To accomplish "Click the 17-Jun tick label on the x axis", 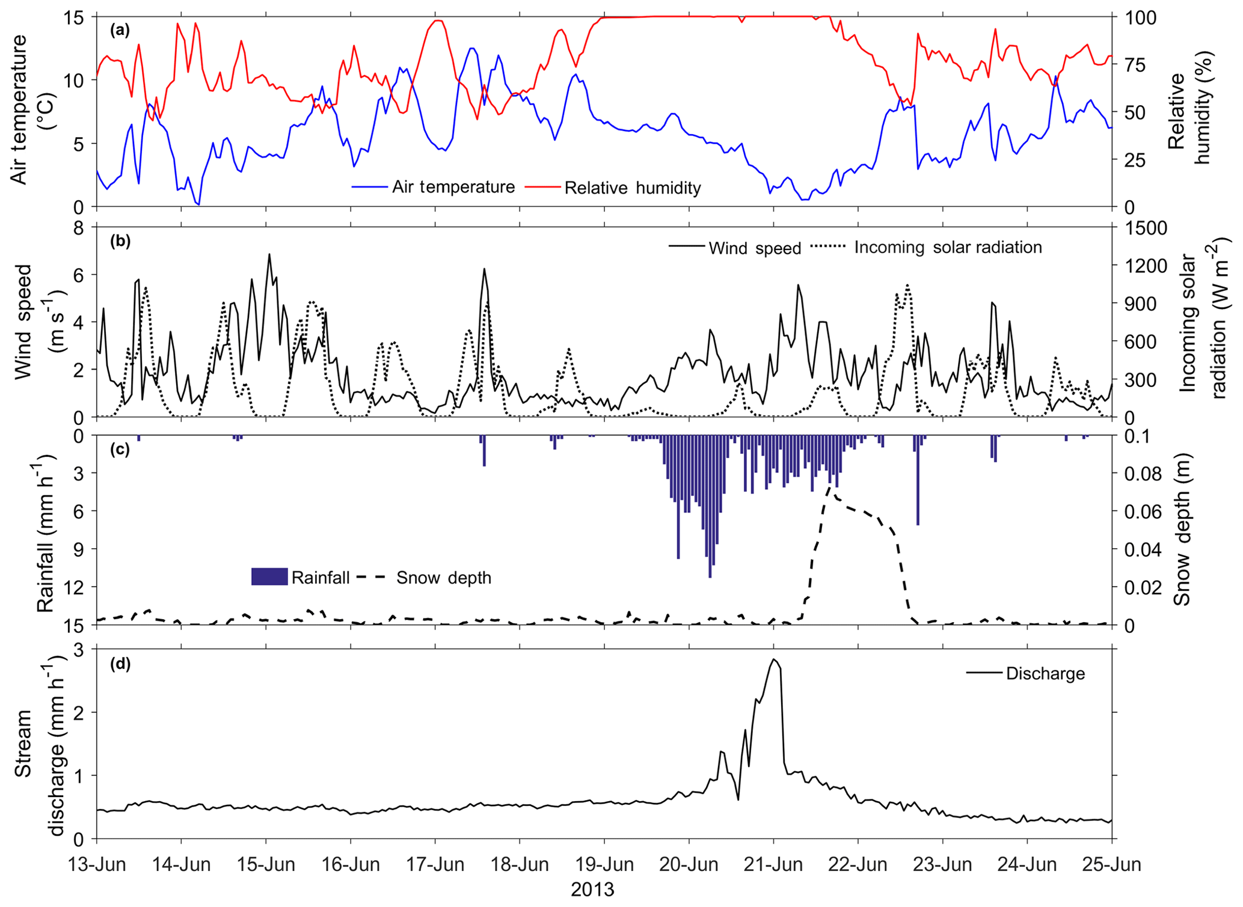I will [x=435, y=866].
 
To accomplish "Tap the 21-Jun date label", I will [x=773, y=866].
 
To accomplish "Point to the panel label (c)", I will [x=120, y=450].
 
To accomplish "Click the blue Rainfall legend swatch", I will [x=269, y=576].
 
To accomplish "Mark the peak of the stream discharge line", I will [x=774, y=659].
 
